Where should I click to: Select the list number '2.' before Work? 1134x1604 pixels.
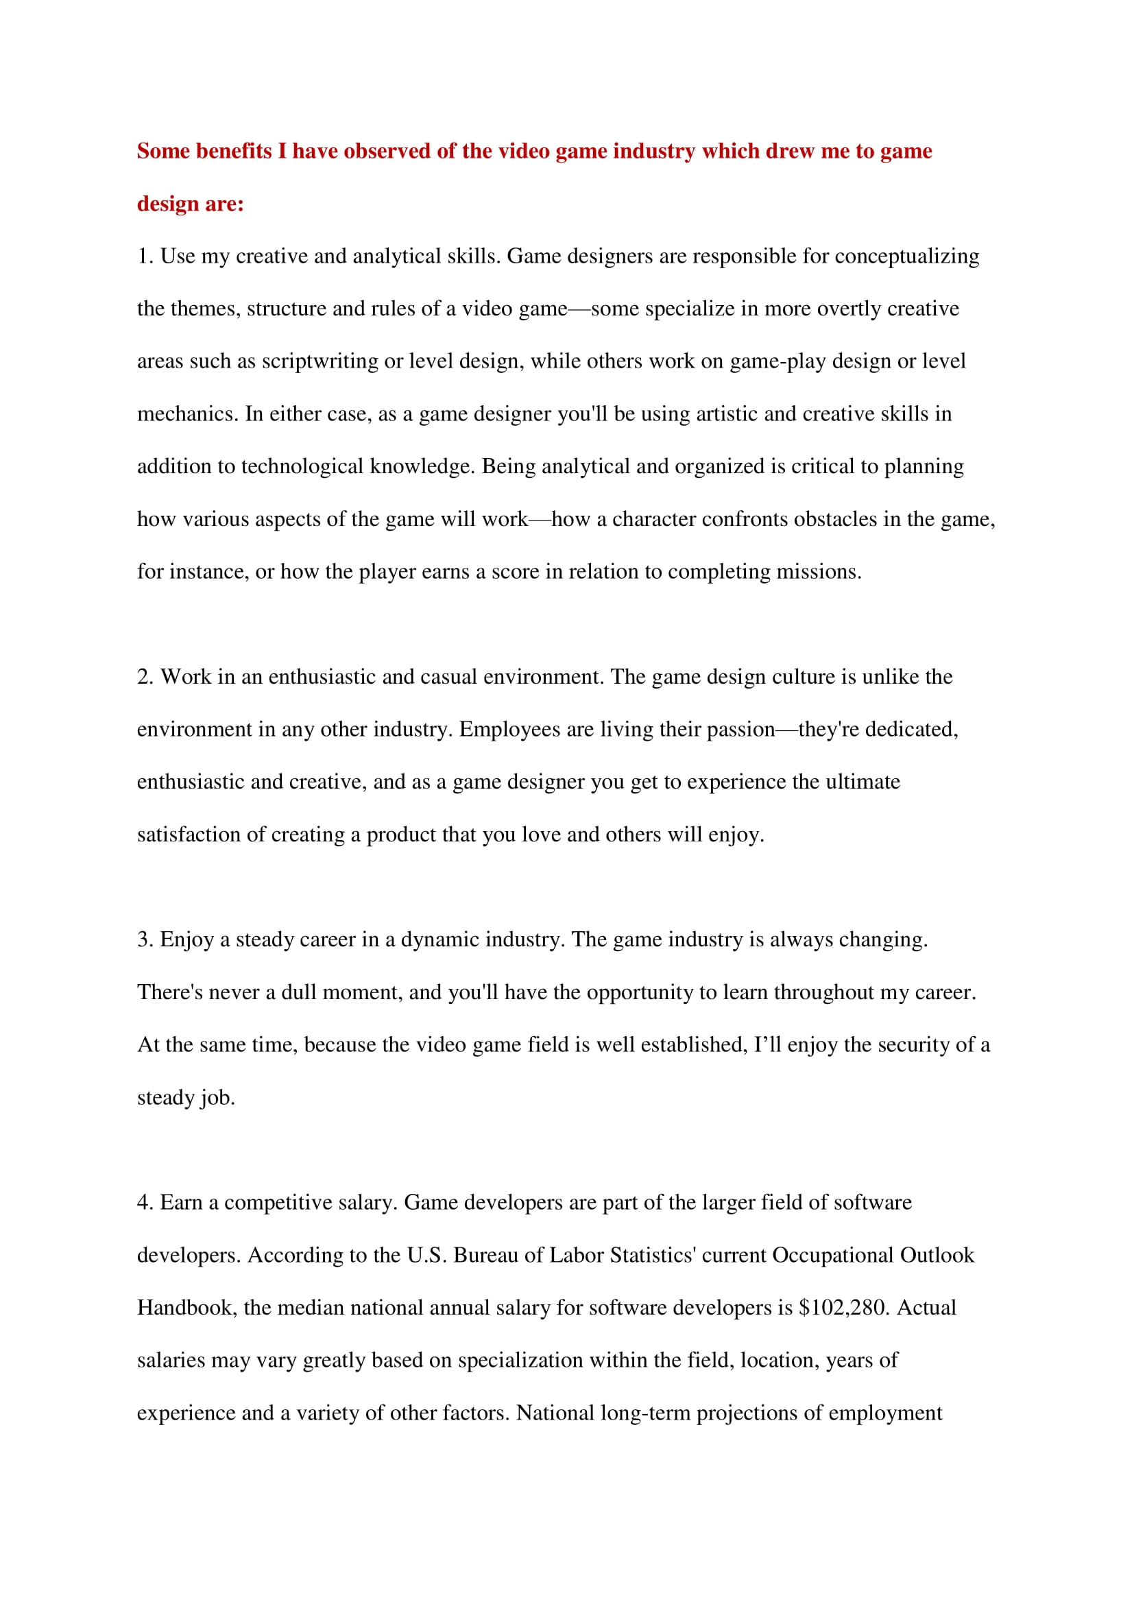click(x=145, y=676)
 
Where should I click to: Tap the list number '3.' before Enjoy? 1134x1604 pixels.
click(x=145, y=939)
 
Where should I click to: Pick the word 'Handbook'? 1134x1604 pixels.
click(x=187, y=1307)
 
